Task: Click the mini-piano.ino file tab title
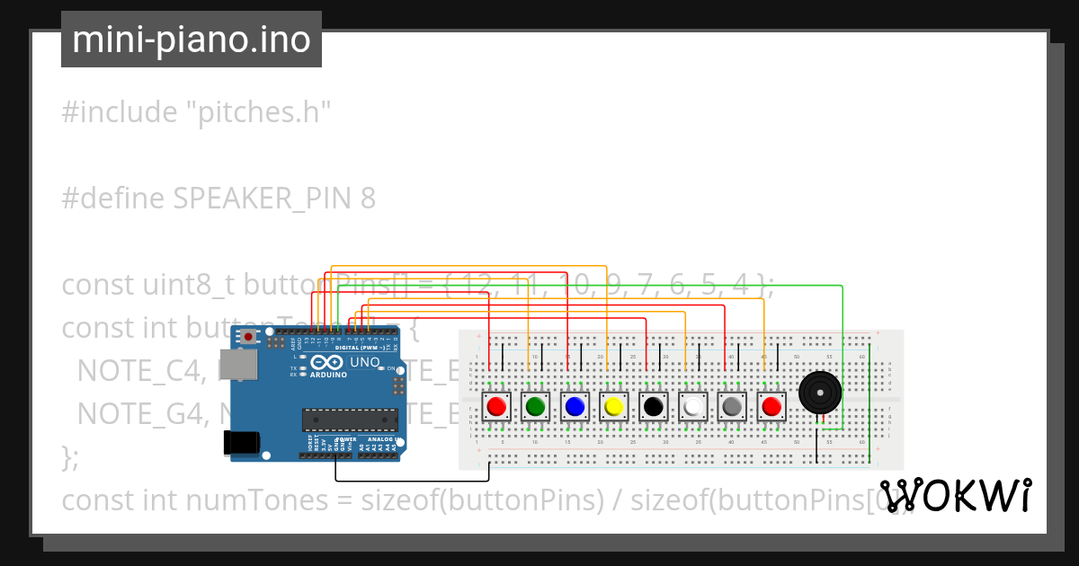[191, 40]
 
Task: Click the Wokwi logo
[955, 495]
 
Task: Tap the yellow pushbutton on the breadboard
[614, 407]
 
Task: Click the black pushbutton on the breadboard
[654, 407]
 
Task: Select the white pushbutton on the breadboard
[693, 407]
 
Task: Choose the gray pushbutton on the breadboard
[732, 407]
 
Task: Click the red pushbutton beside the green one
[496, 407]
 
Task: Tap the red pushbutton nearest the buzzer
[771, 407]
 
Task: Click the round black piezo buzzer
[820, 393]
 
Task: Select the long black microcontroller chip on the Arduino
[350, 419]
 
